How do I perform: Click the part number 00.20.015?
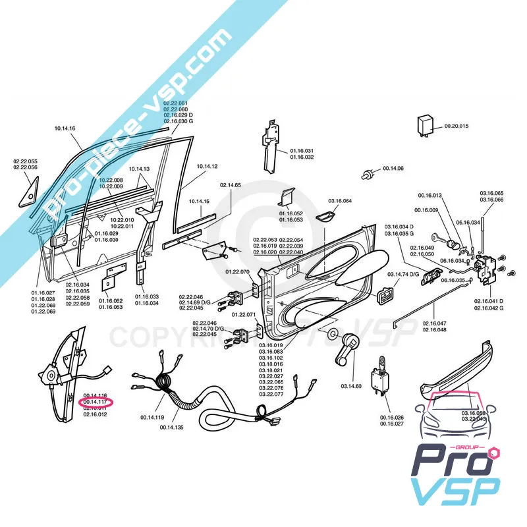click(456, 126)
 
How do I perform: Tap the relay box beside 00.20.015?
click(426, 125)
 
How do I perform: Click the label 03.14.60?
click(351, 386)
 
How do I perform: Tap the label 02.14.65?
click(231, 185)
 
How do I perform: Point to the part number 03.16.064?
click(339, 200)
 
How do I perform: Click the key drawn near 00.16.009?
click(440, 236)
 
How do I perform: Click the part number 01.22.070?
click(237, 271)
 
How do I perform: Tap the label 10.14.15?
click(199, 201)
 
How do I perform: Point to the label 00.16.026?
click(392, 418)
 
